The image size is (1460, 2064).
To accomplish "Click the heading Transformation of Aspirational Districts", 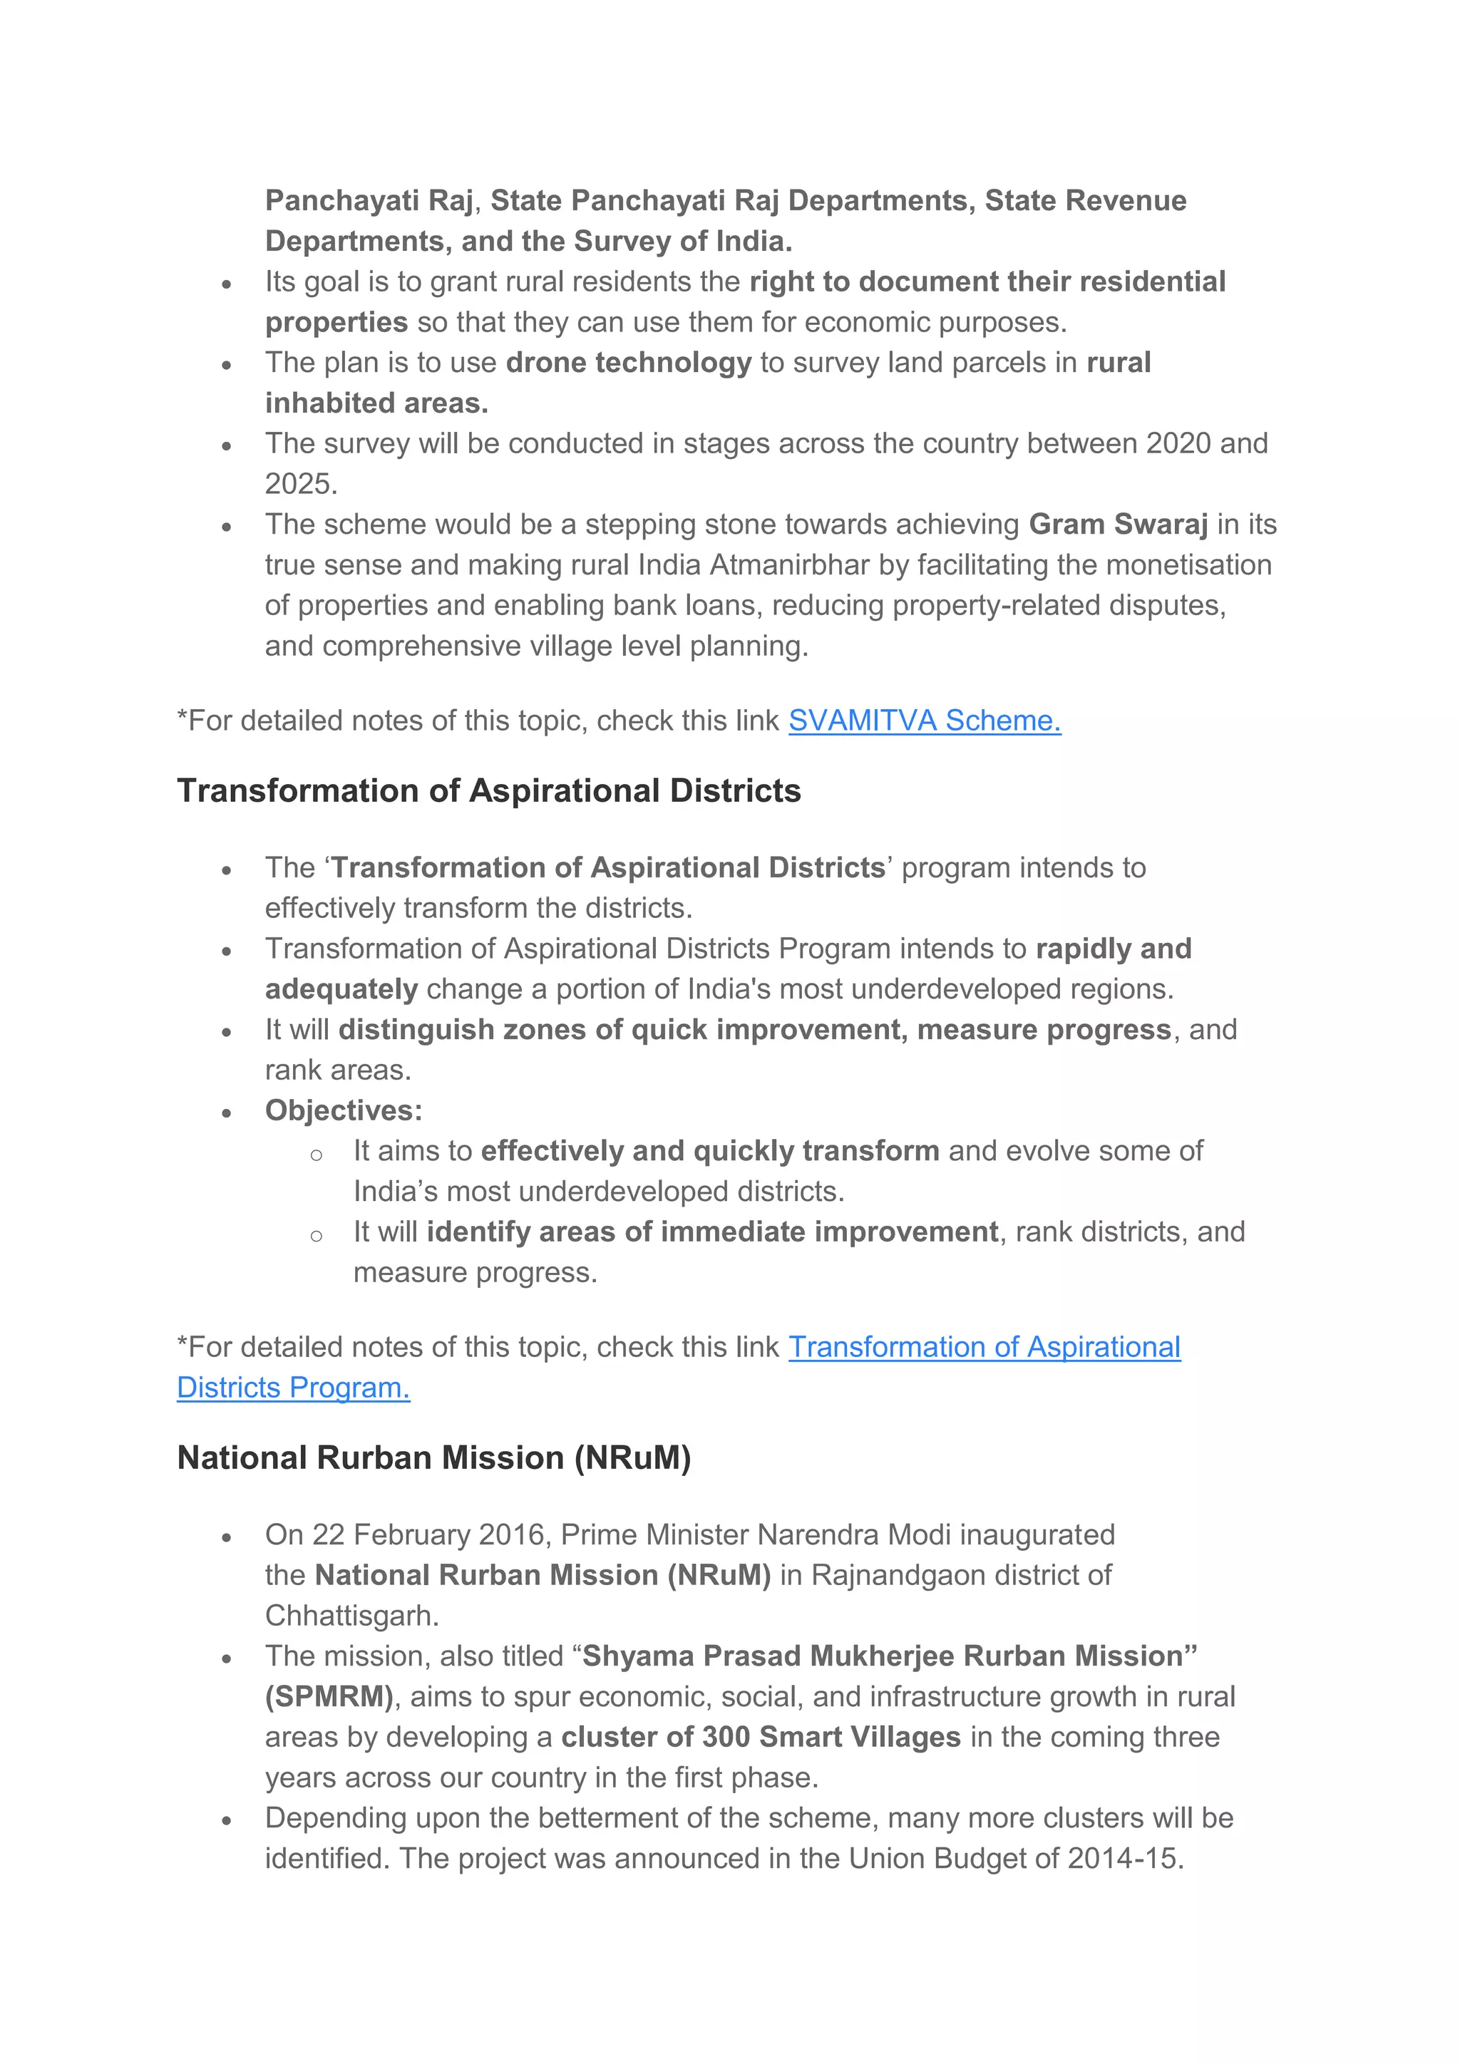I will tap(488, 791).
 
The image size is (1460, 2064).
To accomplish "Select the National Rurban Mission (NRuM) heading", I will tap(433, 1458).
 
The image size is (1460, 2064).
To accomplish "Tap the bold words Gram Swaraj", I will tap(1118, 524).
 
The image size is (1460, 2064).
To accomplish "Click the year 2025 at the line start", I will tap(300, 484).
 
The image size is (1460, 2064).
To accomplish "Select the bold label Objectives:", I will tap(344, 1110).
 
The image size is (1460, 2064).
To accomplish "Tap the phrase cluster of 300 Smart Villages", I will tap(761, 1737).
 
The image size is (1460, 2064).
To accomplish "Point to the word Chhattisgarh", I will tap(351, 1616).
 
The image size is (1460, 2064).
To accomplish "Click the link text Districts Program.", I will tap(293, 1388).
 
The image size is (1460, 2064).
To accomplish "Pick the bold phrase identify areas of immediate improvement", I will tap(712, 1232).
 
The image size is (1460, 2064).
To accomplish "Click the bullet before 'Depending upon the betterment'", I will tap(227, 1820).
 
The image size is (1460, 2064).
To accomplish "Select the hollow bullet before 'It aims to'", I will tap(316, 1155).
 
